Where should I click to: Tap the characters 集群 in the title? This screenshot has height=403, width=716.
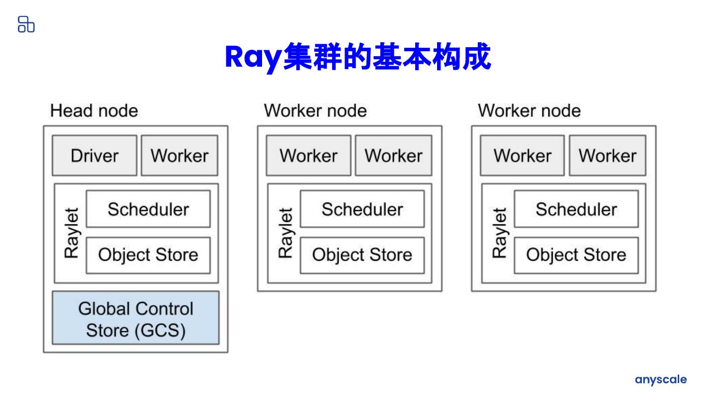313,57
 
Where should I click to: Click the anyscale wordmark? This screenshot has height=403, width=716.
661,380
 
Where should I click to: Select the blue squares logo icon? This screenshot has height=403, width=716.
26,24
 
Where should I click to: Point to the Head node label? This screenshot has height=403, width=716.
94,110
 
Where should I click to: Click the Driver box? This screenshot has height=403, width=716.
94,155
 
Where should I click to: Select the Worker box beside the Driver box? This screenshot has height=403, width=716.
179,155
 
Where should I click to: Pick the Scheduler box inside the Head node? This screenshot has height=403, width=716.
148,209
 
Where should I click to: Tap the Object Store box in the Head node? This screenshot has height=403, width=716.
148,255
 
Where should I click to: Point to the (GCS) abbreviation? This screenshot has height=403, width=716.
160,331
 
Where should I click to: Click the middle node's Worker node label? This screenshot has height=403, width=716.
315,110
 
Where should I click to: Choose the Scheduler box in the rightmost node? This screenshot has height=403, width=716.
576,209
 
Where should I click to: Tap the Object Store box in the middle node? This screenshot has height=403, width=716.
362,255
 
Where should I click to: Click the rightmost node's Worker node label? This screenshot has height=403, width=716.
530,110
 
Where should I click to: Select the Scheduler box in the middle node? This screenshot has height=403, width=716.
362,209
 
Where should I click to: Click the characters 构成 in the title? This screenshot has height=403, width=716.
461,57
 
